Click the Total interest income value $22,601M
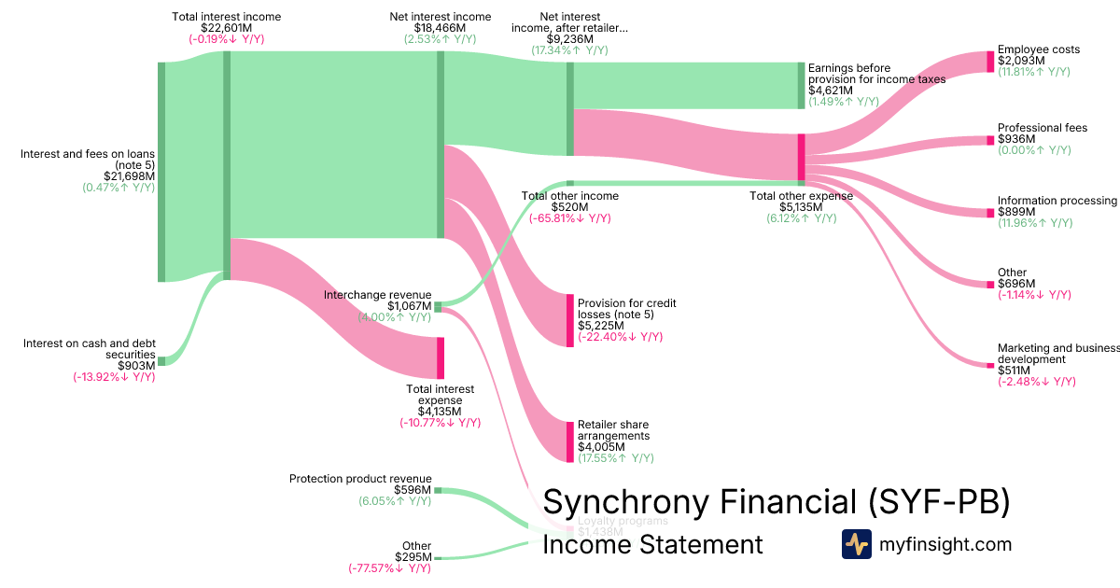click(x=227, y=28)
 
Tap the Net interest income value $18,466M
click(x=440, y=28)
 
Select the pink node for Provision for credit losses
click(x=570, y=320)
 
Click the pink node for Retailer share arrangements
click(x=570, y=441)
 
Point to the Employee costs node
click(x=990, y=62)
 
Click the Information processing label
click(x=1057, y=201)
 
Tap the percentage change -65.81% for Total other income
click(x=569, y=218)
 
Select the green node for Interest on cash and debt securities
click(x=161, y=361)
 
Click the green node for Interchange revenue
click(x=438, y=306)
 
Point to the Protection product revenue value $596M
click(x=413, y=490)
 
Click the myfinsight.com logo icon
click(x=856, y=544)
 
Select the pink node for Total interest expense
click(x=440, y=357)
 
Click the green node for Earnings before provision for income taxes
click(x=800, y=86)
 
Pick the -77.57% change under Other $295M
click(x=389, y=568)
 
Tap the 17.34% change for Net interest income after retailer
click(x=569, y=50)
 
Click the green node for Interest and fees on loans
click(x=161, y=172)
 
